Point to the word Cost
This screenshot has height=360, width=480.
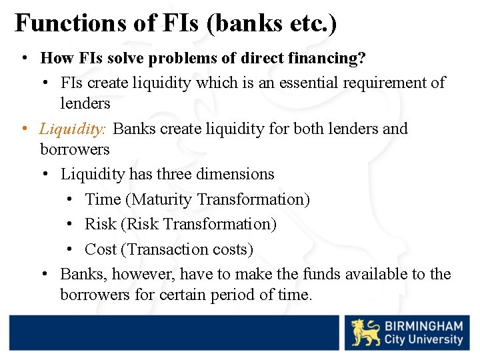click(x=101, y=249)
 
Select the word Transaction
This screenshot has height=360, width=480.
click(x=164, y=249)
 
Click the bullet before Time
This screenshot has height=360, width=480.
click(x=71, y=200)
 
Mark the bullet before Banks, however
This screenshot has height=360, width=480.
click(x=45, y=275)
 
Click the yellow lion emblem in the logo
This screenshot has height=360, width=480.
click(x=365, y=333)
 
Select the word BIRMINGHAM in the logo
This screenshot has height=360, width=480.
click(x=423, y=326)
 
